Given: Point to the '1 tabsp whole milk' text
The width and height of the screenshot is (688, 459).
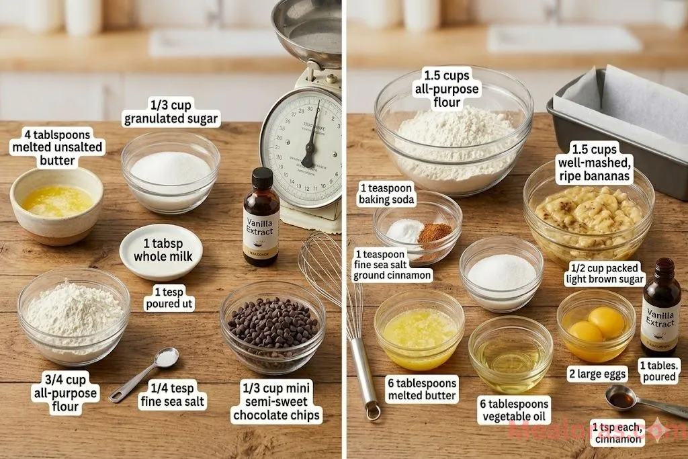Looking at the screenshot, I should [x=163, y=249].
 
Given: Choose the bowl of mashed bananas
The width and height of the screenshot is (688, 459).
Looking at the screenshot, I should [x=589, y=212].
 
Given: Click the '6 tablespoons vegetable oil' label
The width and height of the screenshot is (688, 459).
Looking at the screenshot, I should [x=515, y=409].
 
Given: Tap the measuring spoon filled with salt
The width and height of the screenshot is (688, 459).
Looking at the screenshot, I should [x=165, y=358].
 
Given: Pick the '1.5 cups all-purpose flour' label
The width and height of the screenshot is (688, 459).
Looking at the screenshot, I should [x=447, y=88].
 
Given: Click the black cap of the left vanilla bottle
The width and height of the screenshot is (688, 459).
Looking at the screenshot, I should [x=262, y=179].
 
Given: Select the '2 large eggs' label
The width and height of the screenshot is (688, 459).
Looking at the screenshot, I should [x=597, y=374].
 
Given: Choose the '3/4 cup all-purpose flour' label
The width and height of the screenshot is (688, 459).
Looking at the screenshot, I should [x=64, y=392].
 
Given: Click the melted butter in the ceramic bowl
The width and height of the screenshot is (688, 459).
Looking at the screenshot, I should [x=57, y=200].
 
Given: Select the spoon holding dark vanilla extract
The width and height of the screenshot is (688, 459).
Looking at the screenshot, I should [x=621, y=399].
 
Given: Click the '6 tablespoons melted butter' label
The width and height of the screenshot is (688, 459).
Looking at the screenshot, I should [x=423, y=389].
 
